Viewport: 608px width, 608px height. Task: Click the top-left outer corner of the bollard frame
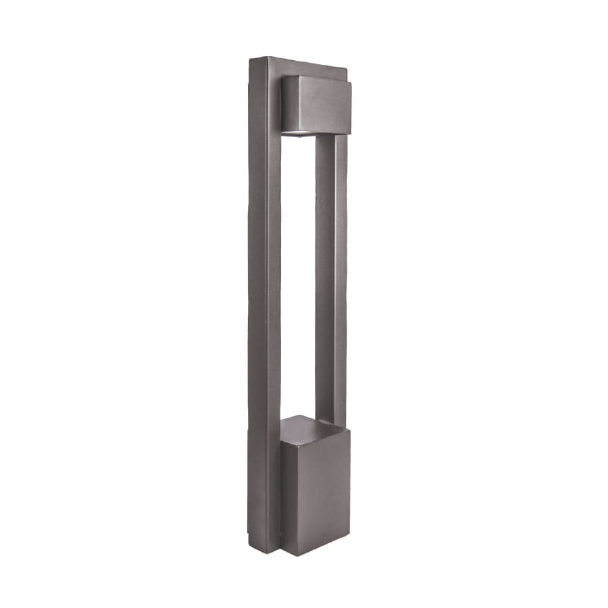tap(250, 59)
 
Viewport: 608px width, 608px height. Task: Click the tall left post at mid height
tap(265, 304)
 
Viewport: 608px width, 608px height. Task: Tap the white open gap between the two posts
tap(298, 270)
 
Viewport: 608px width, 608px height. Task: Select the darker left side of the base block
tap(286, 486)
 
